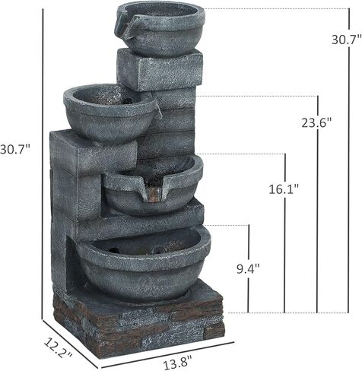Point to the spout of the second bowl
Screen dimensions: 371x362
coord(157,113)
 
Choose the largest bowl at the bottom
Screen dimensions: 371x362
coord(143,262)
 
